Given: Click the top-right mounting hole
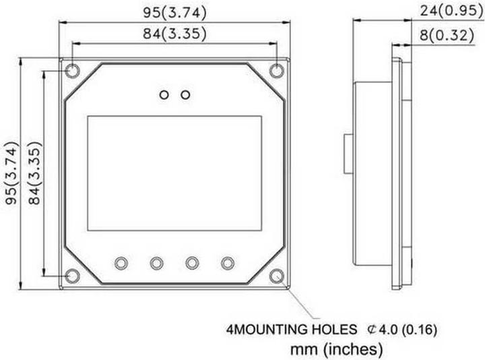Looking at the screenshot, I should click(x=276, y=71).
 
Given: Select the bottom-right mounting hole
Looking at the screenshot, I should click(x=276, y=275).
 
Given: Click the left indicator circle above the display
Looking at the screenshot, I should click(x=164, y=94).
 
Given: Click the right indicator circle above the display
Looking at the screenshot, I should click(x=185, y=94).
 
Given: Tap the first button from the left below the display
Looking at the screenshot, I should click(x=122, y=262).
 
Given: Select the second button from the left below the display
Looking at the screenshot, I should click(x=157, y=262).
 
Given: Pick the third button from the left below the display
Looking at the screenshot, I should click(x=192, y=262).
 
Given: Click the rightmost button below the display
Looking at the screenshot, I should click(x=227, y=262).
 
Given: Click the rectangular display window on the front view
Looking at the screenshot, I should click(x=174, y=173).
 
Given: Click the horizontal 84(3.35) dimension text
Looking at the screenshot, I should click(x=174, y=34).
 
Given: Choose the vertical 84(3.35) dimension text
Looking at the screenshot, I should click(x=34, y=173).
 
